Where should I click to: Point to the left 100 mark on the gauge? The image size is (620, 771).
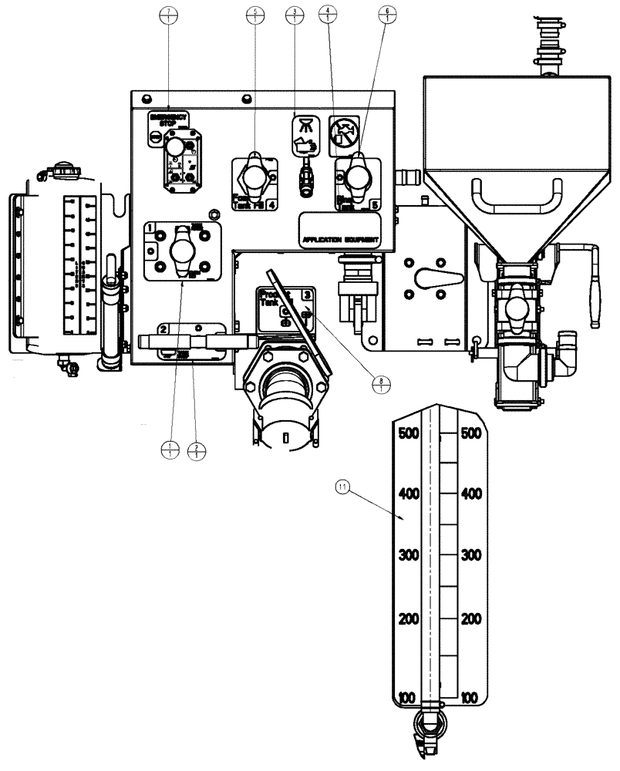tap(406, 698)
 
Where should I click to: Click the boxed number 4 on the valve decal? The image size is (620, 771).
tap(273, 206)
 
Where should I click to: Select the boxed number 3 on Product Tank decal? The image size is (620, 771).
tap(307, 295)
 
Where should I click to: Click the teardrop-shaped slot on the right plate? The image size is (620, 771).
tap(426, 279)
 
